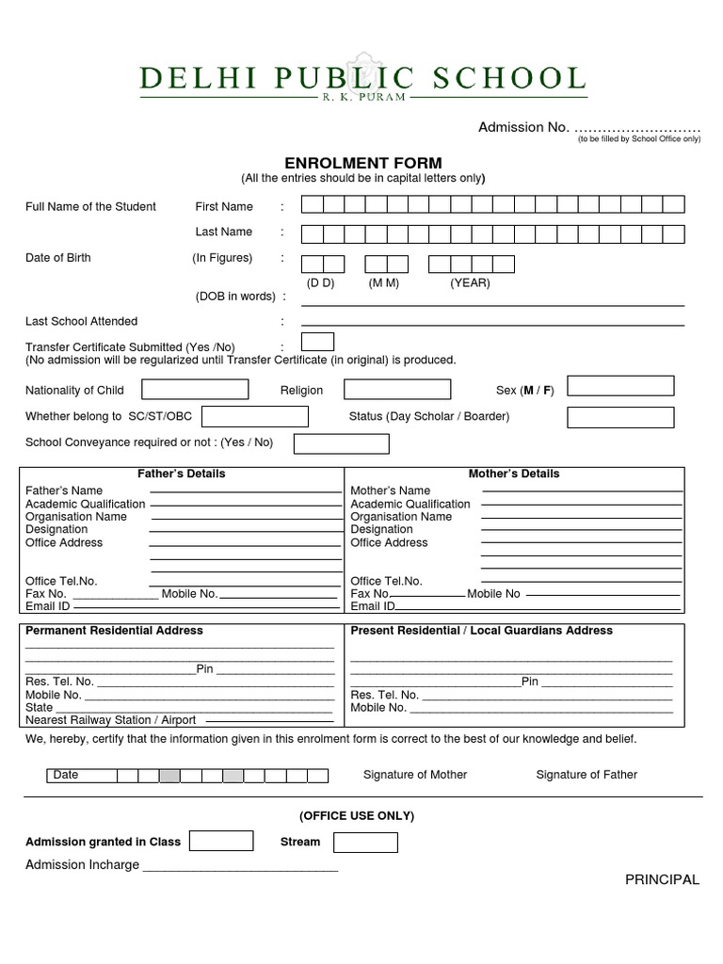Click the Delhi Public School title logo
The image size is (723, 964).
pyautogui.click(x=362, y=80)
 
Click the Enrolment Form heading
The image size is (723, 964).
pyautogui.click(x=362, y=163)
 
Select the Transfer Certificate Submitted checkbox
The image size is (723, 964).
pyautogui.click(x=316, y=342)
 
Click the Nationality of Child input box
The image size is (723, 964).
pyautogui.click(x=194, y=390)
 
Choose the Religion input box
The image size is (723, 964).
pyautogui.click(x=396, y=390)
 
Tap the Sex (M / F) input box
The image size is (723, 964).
pyautogui.click(x=620, y=386)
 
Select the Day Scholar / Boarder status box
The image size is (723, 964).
pyautogui.click(x=620, y=417)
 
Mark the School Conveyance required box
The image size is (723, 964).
pyautogui.click(x=341, y=443)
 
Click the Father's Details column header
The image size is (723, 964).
pyautogui.click(x=182, y=474)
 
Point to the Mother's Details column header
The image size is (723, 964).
pyautogui.click(x=514, y=474)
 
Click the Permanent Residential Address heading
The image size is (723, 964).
pyautogui.click(x=114, y=631)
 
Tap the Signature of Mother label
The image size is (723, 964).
pyautogui.click(x=415, y=775)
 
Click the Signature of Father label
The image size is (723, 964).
pyautogui.click(x=586, y=775)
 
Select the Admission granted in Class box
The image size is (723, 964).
pyautogui.click(x=221, y=842)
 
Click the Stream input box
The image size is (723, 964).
pyautogui.click(x=366, y=842)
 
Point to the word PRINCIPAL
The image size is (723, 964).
pyautogui.click(x=662, y=880)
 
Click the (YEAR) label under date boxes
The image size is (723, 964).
pyautogui.click(x=470, y=283)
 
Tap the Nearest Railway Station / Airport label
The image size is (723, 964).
pyautogui.click(x=111, y=720)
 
